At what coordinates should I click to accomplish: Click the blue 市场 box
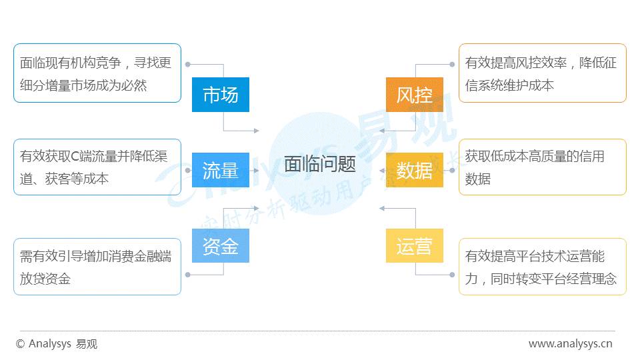pos(220,95)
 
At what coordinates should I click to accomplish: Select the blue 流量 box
pos(220,170)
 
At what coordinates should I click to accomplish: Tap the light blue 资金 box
pos(220,245)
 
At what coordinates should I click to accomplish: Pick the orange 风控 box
pos(415,95)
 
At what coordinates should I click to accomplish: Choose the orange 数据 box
pos(415,170)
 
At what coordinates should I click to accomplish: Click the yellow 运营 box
pos(415,245)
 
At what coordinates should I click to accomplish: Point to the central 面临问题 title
pos(320,164)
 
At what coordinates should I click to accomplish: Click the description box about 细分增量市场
pos(97,73)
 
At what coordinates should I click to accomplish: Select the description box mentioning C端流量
pos(97,167)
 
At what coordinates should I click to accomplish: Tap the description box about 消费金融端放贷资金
pos(97,267)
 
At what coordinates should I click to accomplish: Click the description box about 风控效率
pos(542,73)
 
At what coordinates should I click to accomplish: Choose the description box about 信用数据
pos(542,167)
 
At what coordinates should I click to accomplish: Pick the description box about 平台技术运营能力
pos(542,267)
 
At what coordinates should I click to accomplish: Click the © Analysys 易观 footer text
pos(56,344)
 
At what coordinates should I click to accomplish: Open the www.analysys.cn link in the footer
pos(570,344)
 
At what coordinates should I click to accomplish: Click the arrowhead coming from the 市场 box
pos(255,131)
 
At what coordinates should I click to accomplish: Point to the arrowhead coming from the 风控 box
pos(383,131)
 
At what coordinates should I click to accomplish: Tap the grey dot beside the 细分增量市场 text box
pos(188,65)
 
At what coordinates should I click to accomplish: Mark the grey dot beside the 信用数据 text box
pos(453,170)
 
